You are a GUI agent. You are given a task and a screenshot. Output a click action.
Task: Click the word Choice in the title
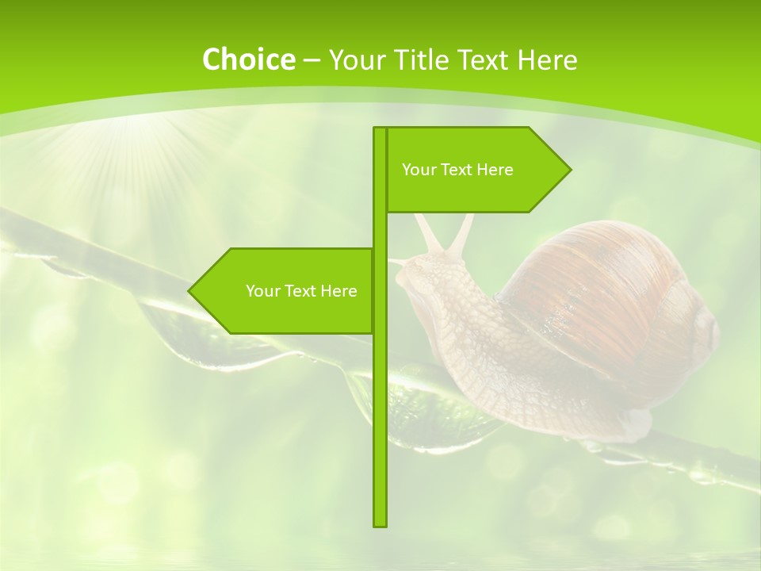[x=248, y=59]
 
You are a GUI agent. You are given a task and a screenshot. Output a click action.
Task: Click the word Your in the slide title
[x=355, y=59]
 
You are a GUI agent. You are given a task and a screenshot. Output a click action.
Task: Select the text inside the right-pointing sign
[x=457, y=170]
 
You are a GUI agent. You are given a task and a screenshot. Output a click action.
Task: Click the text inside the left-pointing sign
[x=301, y=291]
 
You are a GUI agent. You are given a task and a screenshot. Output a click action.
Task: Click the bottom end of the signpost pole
[x=380, y=524]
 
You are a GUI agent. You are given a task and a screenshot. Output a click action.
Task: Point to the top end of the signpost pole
[x=380, y=129]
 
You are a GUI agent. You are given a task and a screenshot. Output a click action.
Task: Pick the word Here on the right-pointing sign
[x=495, y=170]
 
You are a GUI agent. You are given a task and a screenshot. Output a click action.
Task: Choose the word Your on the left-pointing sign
[x=262, y=291]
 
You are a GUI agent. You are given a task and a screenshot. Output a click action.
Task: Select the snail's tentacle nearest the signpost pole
[x=429, y=234]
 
